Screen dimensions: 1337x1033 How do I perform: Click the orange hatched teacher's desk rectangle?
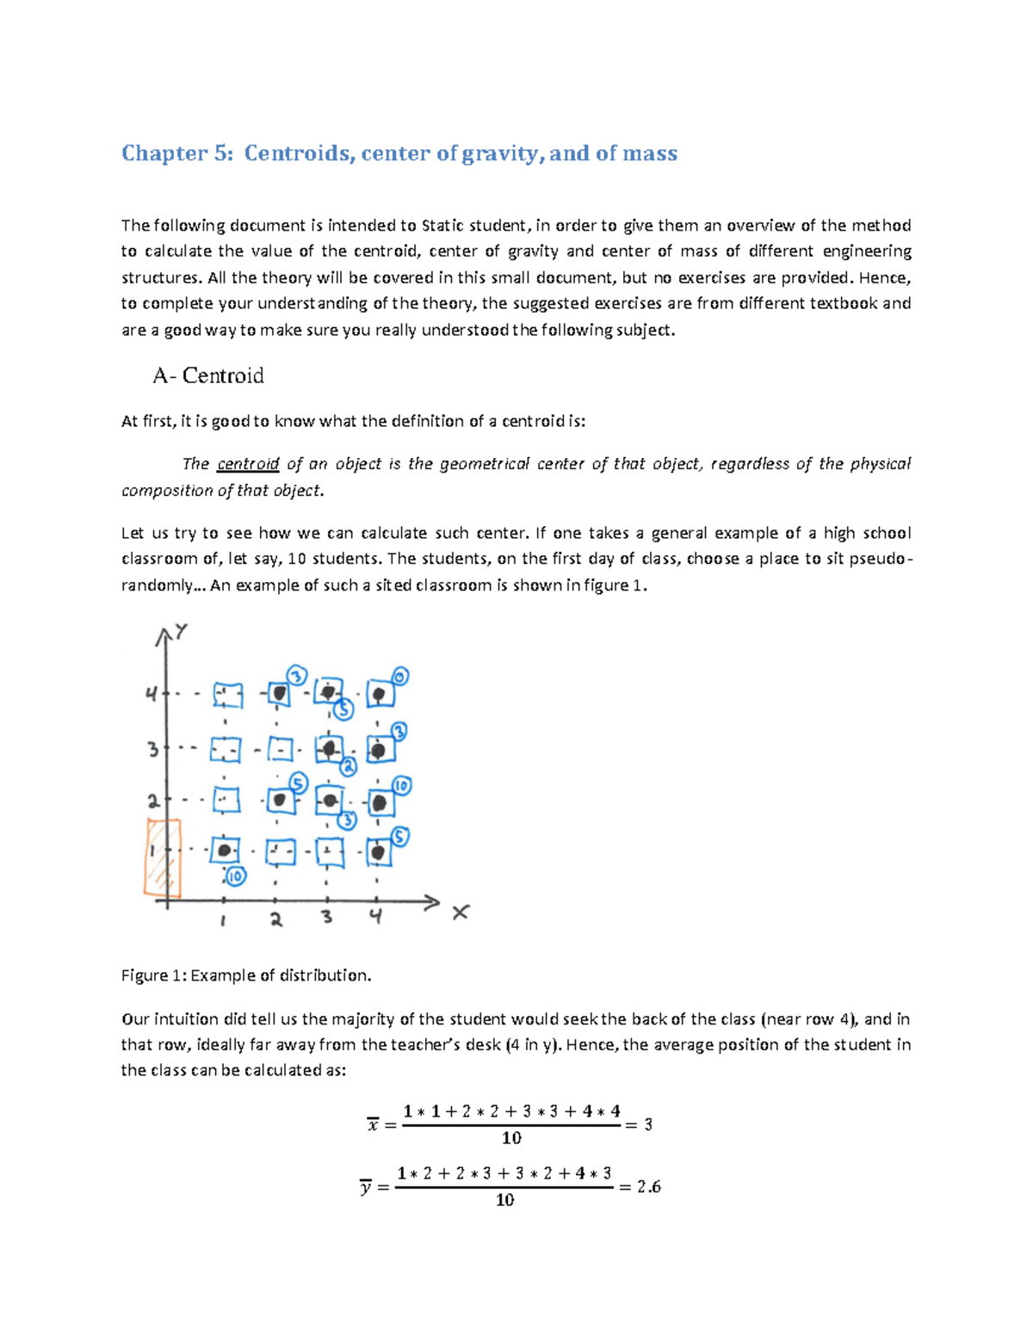click(163, 858)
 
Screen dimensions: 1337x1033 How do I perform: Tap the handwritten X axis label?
click(461, 912)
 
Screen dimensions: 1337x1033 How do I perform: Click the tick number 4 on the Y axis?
click(152, 694)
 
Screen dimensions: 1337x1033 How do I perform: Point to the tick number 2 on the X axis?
click(275, 919)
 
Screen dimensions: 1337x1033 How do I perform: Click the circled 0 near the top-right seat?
click(400, 677)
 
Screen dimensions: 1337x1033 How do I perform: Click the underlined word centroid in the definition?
click(248, 464)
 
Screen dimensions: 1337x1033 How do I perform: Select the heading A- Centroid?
click(207, 375)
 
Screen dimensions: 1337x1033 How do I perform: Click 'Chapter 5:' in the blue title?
click(176, 153)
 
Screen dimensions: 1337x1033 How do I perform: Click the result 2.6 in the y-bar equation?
click(648, 1186)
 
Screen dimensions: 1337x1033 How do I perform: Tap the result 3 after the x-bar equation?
click(648, 1124)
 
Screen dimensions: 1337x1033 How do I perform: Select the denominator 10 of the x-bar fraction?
click(511, 1138)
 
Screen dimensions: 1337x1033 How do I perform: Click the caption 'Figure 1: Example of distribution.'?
click(246, 975)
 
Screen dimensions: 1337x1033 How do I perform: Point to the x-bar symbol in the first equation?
click(373, 1124)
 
